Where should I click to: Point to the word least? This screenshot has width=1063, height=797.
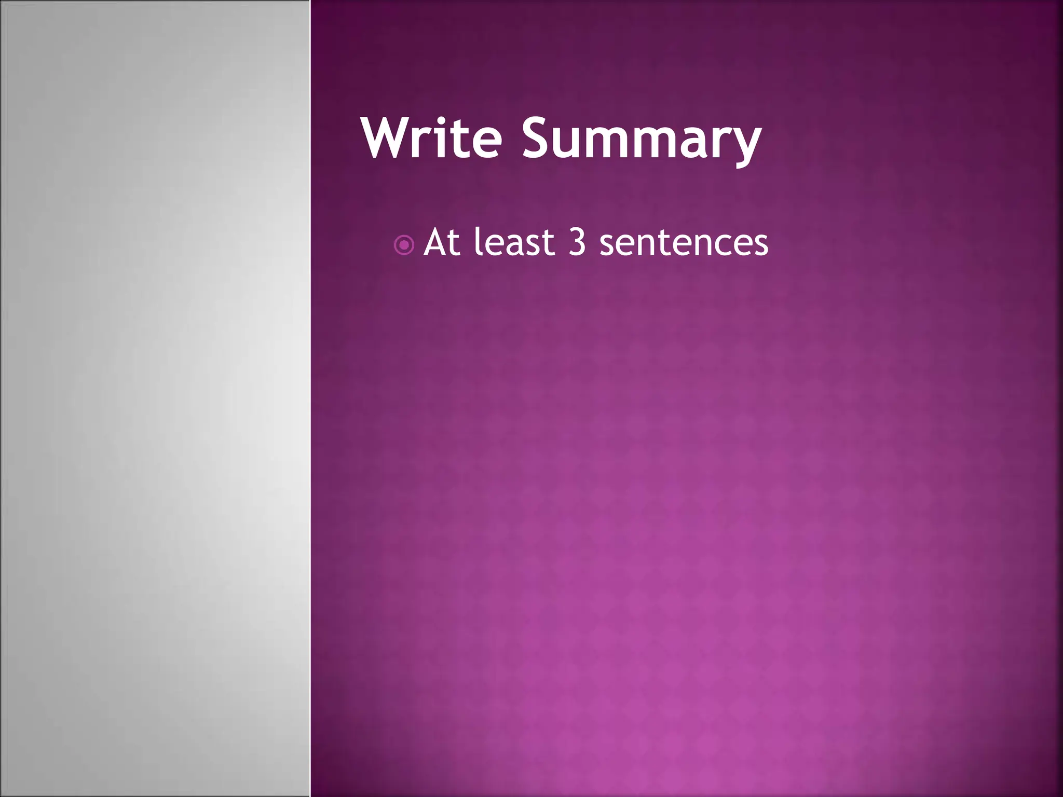pos(514,243)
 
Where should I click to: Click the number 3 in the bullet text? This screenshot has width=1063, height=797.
pos(577,242)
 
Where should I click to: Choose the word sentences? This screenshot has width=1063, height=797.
pos(684,243)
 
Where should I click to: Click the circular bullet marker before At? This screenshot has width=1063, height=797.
pos(404,245)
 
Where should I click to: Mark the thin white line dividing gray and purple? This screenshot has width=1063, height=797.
pos(310,398)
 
